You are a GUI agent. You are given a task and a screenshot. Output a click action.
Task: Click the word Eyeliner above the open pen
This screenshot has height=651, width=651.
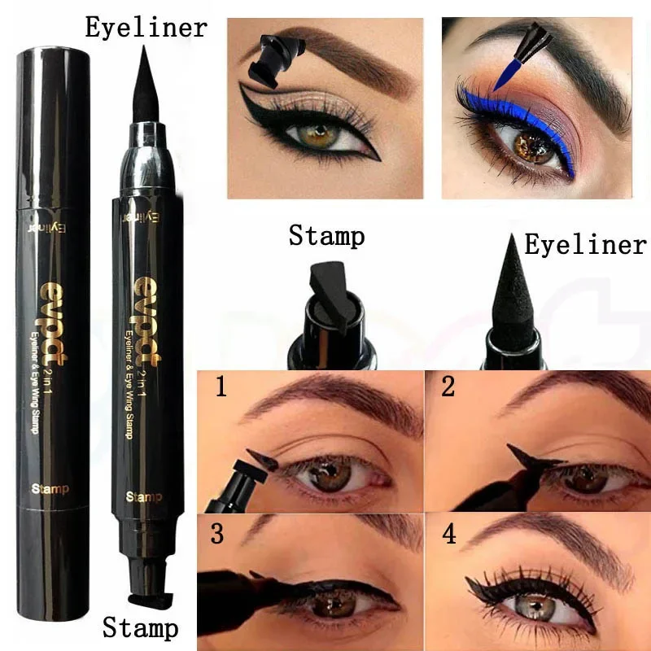pyautogui.click(x=146, y=26)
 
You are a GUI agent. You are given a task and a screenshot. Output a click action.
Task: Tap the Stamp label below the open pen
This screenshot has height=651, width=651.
pyautogui.click(x=140, y=627)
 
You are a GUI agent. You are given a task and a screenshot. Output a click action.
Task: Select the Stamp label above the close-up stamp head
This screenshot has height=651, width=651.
pyautogui.click(x=326, y=237)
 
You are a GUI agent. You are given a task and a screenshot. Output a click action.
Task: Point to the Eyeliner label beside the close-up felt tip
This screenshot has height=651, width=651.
pyautogui.click(x=585, y=244)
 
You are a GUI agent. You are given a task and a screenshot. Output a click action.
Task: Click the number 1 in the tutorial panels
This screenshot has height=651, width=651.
pyautogui.click(x=220, y=387)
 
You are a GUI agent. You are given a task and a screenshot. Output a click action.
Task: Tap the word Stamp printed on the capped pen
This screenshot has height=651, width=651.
pyautogui.click(x=51, y=489)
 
